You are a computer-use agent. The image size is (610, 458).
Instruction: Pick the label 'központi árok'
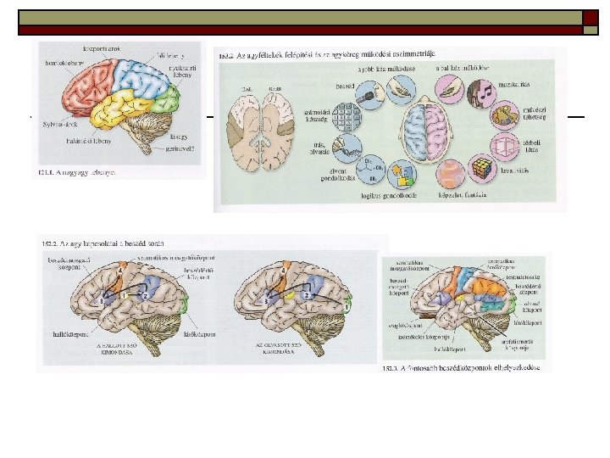102,49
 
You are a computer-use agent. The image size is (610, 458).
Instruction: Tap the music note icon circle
484,89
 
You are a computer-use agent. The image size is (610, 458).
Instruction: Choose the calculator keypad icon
347,115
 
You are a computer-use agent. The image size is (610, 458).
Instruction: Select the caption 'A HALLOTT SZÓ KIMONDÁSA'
119,350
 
